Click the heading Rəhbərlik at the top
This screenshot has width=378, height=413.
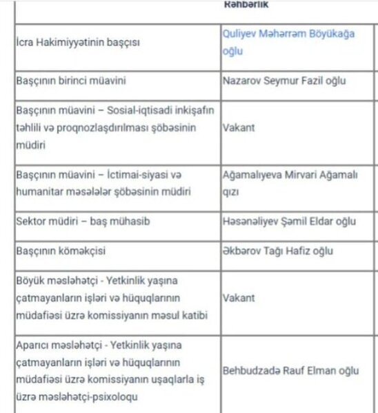(246, 5)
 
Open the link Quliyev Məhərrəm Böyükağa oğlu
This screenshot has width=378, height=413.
(289, 41)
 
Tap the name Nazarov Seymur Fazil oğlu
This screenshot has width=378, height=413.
(283, 81)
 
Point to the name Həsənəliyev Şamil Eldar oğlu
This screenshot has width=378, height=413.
(289, 221)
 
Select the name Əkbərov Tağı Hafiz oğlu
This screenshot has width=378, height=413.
(278, 251)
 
